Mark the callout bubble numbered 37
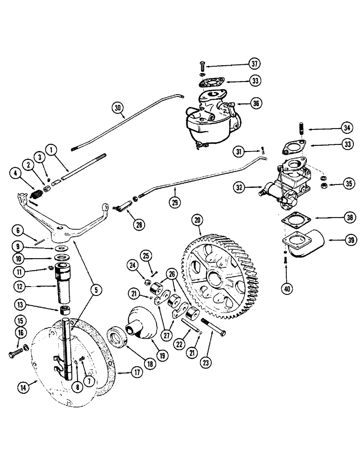[x=255, y=63]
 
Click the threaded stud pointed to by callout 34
[x=301, y=127]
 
